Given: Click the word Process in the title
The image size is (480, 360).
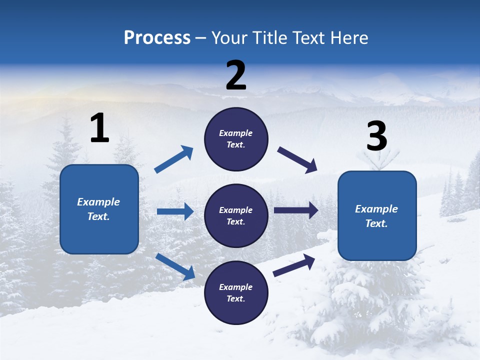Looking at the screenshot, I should [x=157, y=38].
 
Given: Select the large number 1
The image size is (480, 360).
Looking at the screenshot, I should [x=99, y=128].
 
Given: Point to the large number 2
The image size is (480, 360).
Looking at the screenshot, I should [x=236, y=75].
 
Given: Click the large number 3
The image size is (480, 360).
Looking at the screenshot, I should [x=376, y=136].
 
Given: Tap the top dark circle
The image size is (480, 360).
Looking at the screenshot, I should [x=236, y=139].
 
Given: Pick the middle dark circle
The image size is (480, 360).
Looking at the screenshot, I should [x=236, y=215].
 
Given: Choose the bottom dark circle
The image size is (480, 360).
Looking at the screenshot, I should [x=236, y=292].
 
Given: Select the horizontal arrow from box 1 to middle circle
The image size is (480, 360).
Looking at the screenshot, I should [x=175, y=211].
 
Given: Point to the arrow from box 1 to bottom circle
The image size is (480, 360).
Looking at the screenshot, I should [x=175, y=266].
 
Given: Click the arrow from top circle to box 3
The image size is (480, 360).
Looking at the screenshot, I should [x=297, y=160].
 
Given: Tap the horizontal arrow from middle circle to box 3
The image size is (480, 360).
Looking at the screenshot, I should [x=296, y=210].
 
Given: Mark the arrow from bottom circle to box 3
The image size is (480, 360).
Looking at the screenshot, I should [x=294, y=265].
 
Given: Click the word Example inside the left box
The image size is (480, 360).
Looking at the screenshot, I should [x=98, y=202].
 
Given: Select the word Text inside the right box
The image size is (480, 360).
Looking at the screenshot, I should [x=376, y=223].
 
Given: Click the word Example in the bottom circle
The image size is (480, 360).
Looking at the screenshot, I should [x=236, y=287].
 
